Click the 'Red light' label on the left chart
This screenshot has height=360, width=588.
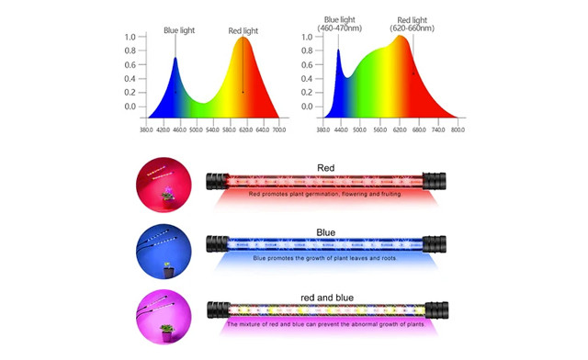pyautogui.click(x=243, y=31)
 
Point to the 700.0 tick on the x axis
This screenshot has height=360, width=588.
pyautogui.click(x=278, y=129)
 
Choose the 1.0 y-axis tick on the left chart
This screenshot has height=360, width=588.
pyautogui.click(x=130, y=38)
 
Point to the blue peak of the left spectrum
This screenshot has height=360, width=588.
pyautogui.click(x=175, y=59)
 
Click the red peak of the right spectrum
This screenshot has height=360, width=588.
pyautogui.click(x=401, y=37)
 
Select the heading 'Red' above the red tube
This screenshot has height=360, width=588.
pyautogui.click(x=325, y=168)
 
